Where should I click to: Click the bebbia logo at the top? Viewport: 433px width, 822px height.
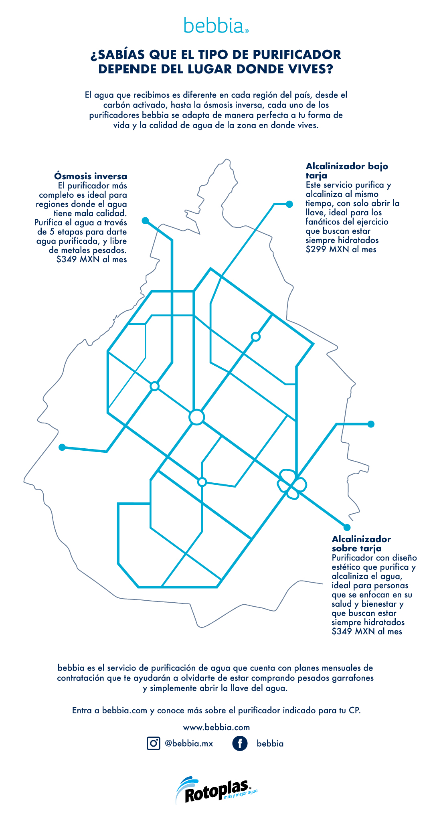[x=216, y=25]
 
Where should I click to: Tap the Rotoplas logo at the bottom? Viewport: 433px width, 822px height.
[x=216, y=790]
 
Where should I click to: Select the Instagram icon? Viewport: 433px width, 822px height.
[x=153, y=743]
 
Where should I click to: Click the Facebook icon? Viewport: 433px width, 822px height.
[x=240, y=743]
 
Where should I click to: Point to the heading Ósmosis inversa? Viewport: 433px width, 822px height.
[x=91, y=176]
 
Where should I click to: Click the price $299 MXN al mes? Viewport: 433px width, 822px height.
[x=341, y=249]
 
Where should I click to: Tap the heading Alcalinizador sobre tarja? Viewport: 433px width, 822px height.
[x=361, y=543]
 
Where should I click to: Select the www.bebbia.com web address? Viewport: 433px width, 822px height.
[x=216, y=727]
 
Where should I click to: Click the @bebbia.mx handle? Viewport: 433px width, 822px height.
[x=189, y=743]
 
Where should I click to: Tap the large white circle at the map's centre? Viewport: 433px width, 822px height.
[x=197, y=417]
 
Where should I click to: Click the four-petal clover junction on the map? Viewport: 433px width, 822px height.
[x=292, y=484]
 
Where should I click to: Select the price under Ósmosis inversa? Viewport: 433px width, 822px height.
[x=91, y=259]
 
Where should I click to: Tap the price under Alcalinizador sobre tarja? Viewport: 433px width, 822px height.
[x=367, y=632]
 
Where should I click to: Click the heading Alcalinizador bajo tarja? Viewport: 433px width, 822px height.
[x=347, y=170]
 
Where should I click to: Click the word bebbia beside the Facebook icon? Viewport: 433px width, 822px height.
[x=270, y=743]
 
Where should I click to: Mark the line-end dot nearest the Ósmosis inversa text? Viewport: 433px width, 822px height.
[x=145, y=221]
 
